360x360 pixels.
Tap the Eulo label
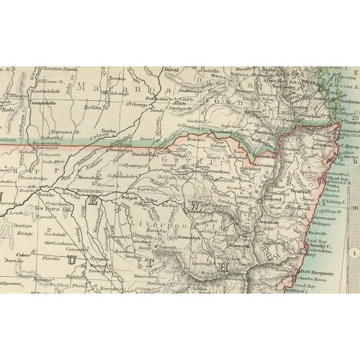point(9,111)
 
